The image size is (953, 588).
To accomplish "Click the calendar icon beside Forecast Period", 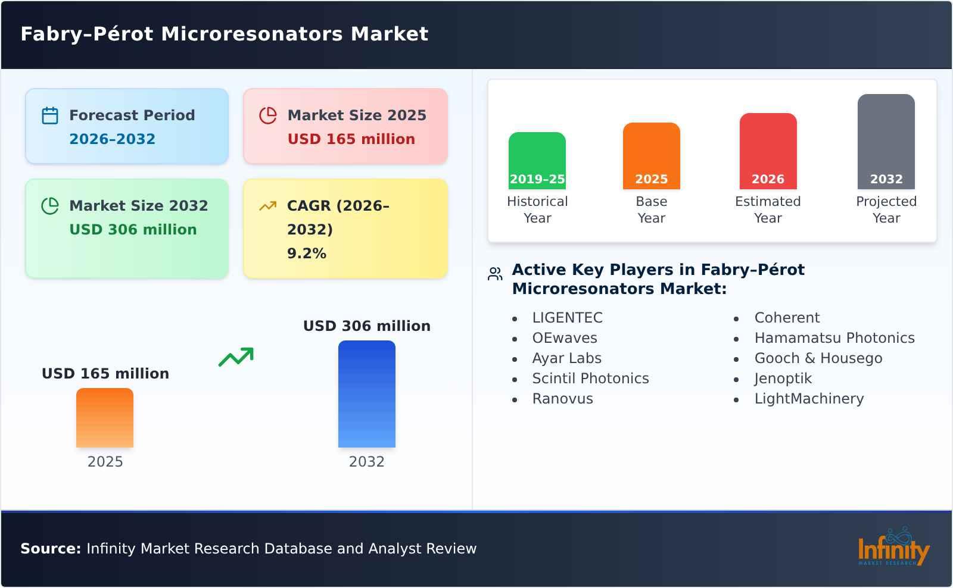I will pos(50,115).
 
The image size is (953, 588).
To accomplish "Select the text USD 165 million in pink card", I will pos(351,139).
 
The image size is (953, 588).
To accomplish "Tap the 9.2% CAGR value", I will pos(306,254).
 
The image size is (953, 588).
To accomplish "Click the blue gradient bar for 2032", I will pos(366,393).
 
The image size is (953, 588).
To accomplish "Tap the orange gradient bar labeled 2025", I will pos(105,417).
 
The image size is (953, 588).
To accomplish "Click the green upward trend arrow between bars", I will pos(236,357).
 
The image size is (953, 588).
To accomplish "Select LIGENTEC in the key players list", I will pos(567,318).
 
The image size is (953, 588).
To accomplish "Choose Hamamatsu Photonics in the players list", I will pos(834,338).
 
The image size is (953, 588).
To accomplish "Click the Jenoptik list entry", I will pos(783,379).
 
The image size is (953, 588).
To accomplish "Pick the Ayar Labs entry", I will pos(566,358).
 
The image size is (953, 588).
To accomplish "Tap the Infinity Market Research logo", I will pos(893,547).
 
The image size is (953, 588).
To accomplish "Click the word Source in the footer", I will pos(50,549).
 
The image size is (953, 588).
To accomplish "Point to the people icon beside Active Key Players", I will pos(495,274).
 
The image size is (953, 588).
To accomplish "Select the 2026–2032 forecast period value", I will pos(112,139).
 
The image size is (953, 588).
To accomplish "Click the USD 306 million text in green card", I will pos(133,230).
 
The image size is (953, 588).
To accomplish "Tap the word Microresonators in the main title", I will pos(252,34).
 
